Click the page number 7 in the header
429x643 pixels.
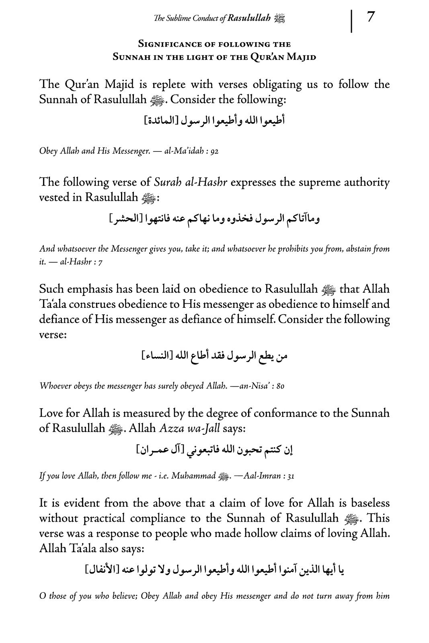coord(371,18)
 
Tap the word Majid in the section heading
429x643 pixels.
coord(302,57)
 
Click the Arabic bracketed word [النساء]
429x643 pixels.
coord(157,356)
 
